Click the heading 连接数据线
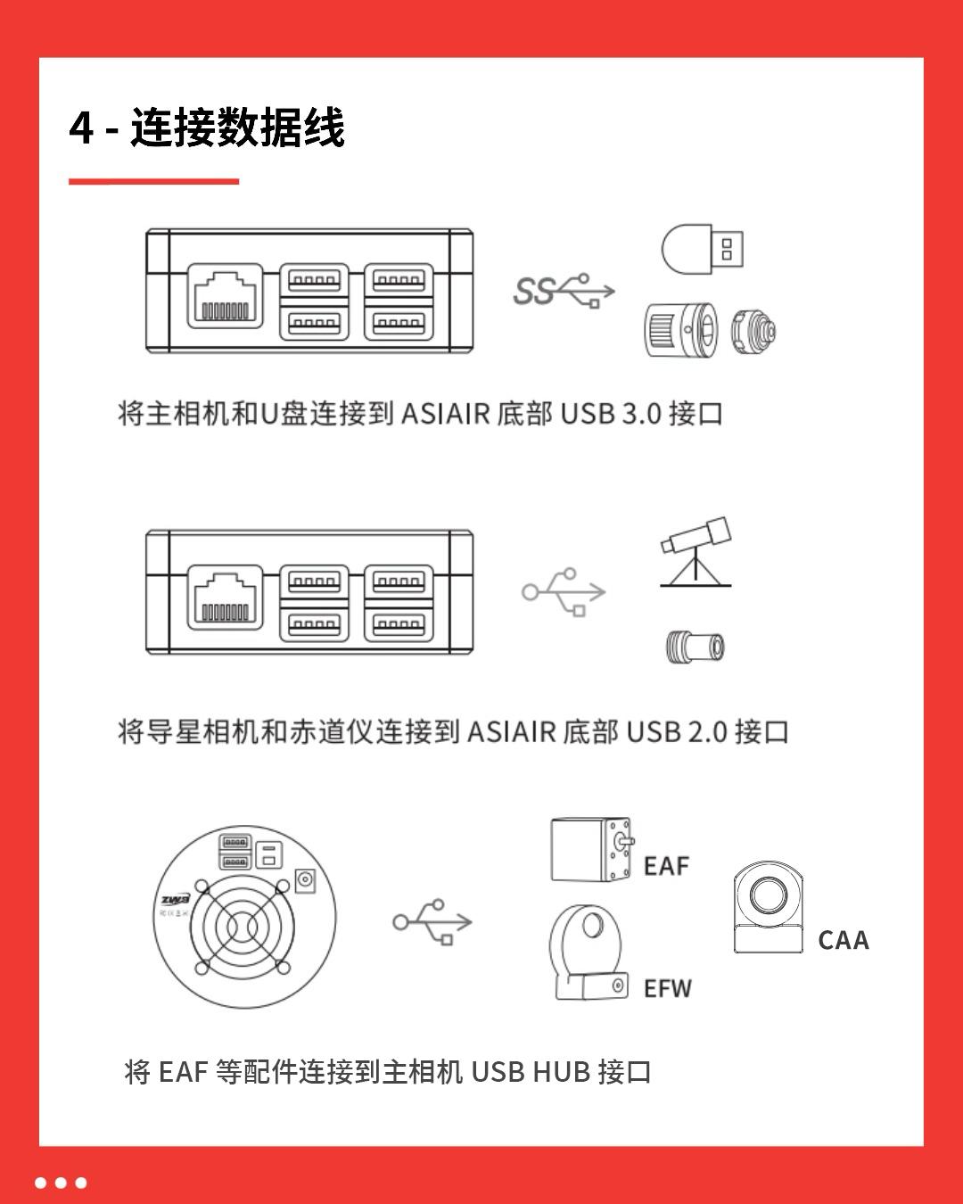click(x=237, y=128)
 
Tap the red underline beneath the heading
click(x=153, y=181)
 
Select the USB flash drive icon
click(x=702, y=248)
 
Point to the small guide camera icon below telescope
click(x=695, y=646)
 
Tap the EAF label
click(x=666, y=866)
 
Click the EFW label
click(x=667, y=988)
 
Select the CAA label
click(x=843, y=940)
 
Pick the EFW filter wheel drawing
click(x=587, y=952)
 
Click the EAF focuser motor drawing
click(x=592, y=850)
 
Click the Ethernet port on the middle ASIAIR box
click(x=226, y=596)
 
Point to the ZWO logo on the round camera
click(x=175, y=900)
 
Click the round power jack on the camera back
click(x=306, y=881)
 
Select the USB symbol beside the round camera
click(x=432, y=921)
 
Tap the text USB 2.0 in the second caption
click(x=677, y=732)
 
